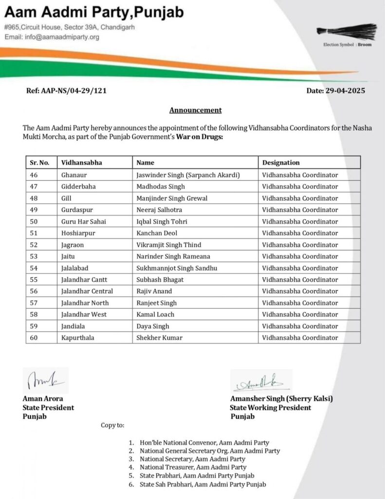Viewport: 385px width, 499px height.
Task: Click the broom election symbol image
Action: [347, 31]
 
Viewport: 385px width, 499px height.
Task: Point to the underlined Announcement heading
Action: [195, 110]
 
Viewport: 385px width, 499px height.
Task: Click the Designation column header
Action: [281, 163]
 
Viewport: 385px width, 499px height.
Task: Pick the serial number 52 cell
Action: [34, 245]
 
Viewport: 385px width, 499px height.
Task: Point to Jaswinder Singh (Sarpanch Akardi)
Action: [188, 174]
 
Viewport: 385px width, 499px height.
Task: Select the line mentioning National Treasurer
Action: [193, 467]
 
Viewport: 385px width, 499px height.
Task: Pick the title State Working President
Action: [271, 407]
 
